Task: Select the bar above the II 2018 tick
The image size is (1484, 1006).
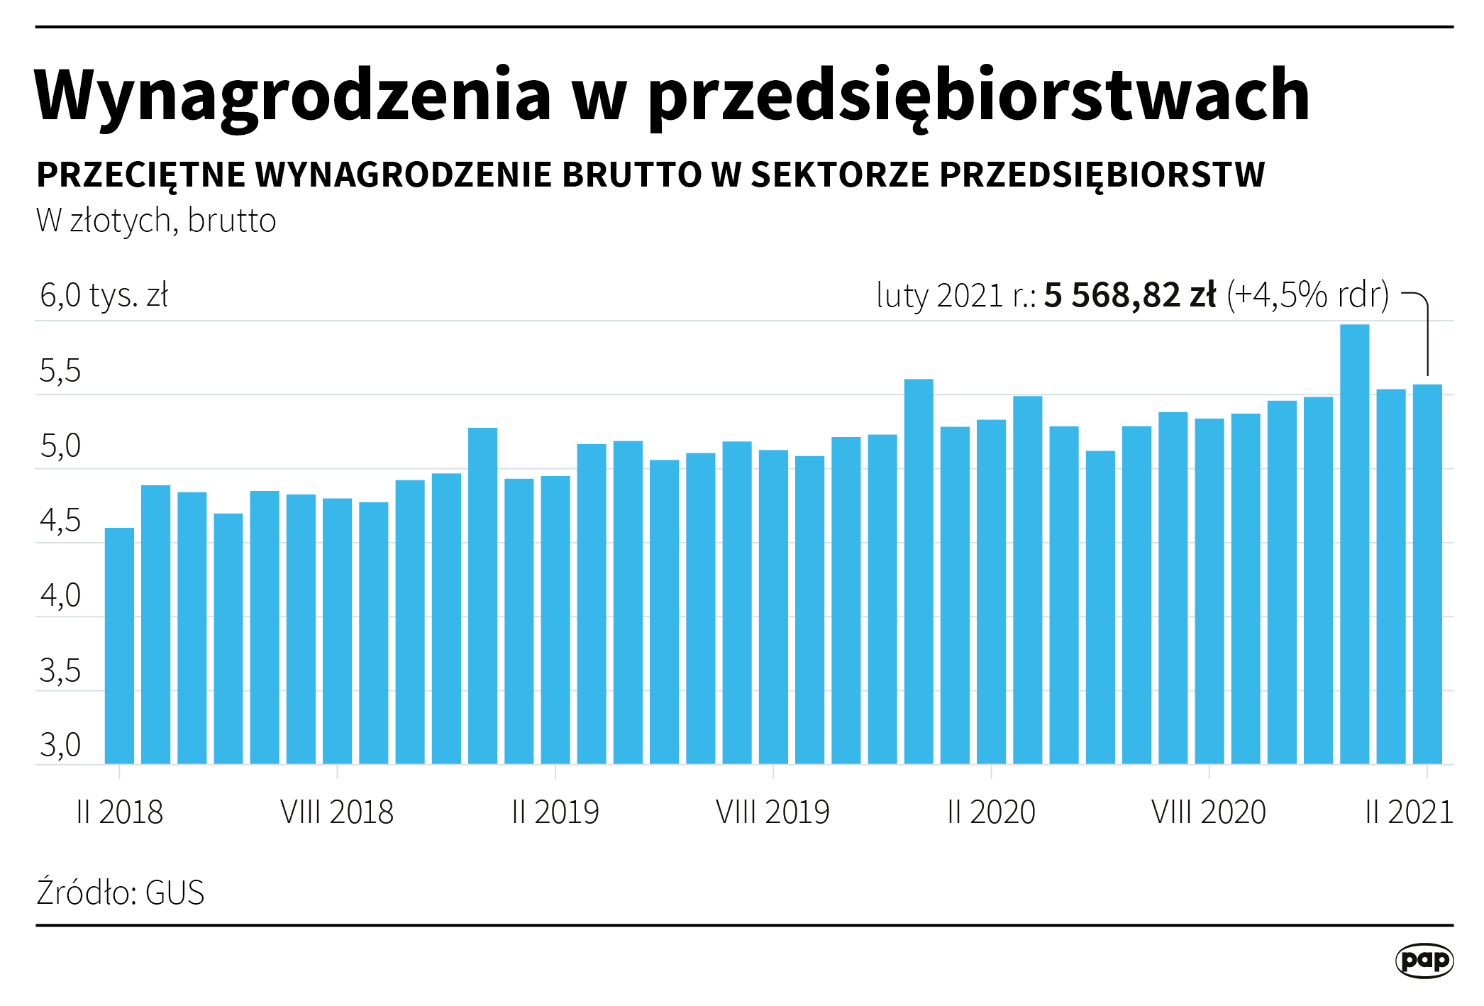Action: tap(119, 646)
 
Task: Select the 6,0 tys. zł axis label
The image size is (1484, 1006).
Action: tap(104, 296)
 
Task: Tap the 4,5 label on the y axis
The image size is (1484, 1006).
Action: tap(60, 521)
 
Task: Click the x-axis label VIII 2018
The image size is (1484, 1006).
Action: tap(337, 812)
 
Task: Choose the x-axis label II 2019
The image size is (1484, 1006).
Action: tap(555, 812)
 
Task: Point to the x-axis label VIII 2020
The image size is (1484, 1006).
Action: tap(1209, 812)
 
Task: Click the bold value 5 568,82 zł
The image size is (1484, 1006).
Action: tap(1130, 295)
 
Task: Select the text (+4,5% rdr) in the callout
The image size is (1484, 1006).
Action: tap(1307, 295)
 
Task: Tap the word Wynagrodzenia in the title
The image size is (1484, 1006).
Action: tap(292, 96)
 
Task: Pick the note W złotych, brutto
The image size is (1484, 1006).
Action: tap(156, 221)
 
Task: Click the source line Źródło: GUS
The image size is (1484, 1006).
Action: tap(121, 892)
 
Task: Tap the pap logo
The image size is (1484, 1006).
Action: tap(1424, 961)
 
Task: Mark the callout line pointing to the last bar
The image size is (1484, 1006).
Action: tap(1427, 333)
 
